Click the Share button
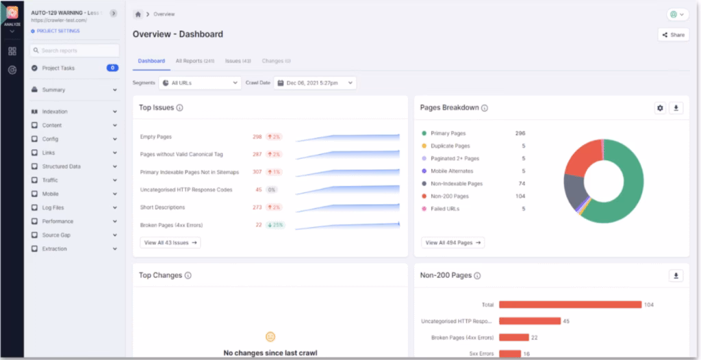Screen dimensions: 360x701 click(673, 34)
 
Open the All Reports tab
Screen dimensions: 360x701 click(194, 61)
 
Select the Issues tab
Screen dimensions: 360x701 click(238, 61)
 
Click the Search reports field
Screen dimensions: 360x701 click(75, 51)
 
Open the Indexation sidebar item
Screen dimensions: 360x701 click(55, 112)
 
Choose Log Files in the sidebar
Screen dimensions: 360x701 click(53, 207)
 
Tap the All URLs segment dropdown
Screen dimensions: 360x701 click(199, 83)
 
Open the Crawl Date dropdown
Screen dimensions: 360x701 click(315, 83)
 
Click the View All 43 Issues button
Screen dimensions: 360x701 click(170, 242)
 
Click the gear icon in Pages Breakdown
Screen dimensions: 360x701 click(660, 108)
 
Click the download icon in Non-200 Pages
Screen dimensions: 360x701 click(676, 276)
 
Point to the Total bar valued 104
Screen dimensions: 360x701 click(570, 305)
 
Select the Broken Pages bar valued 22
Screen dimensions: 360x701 click(514, 337)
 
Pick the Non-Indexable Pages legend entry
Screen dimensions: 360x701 click(457, 183)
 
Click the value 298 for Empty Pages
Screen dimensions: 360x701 click(257, 137)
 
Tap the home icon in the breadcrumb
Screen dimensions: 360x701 click(138, 14)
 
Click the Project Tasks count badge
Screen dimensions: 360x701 click(112, 68)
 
